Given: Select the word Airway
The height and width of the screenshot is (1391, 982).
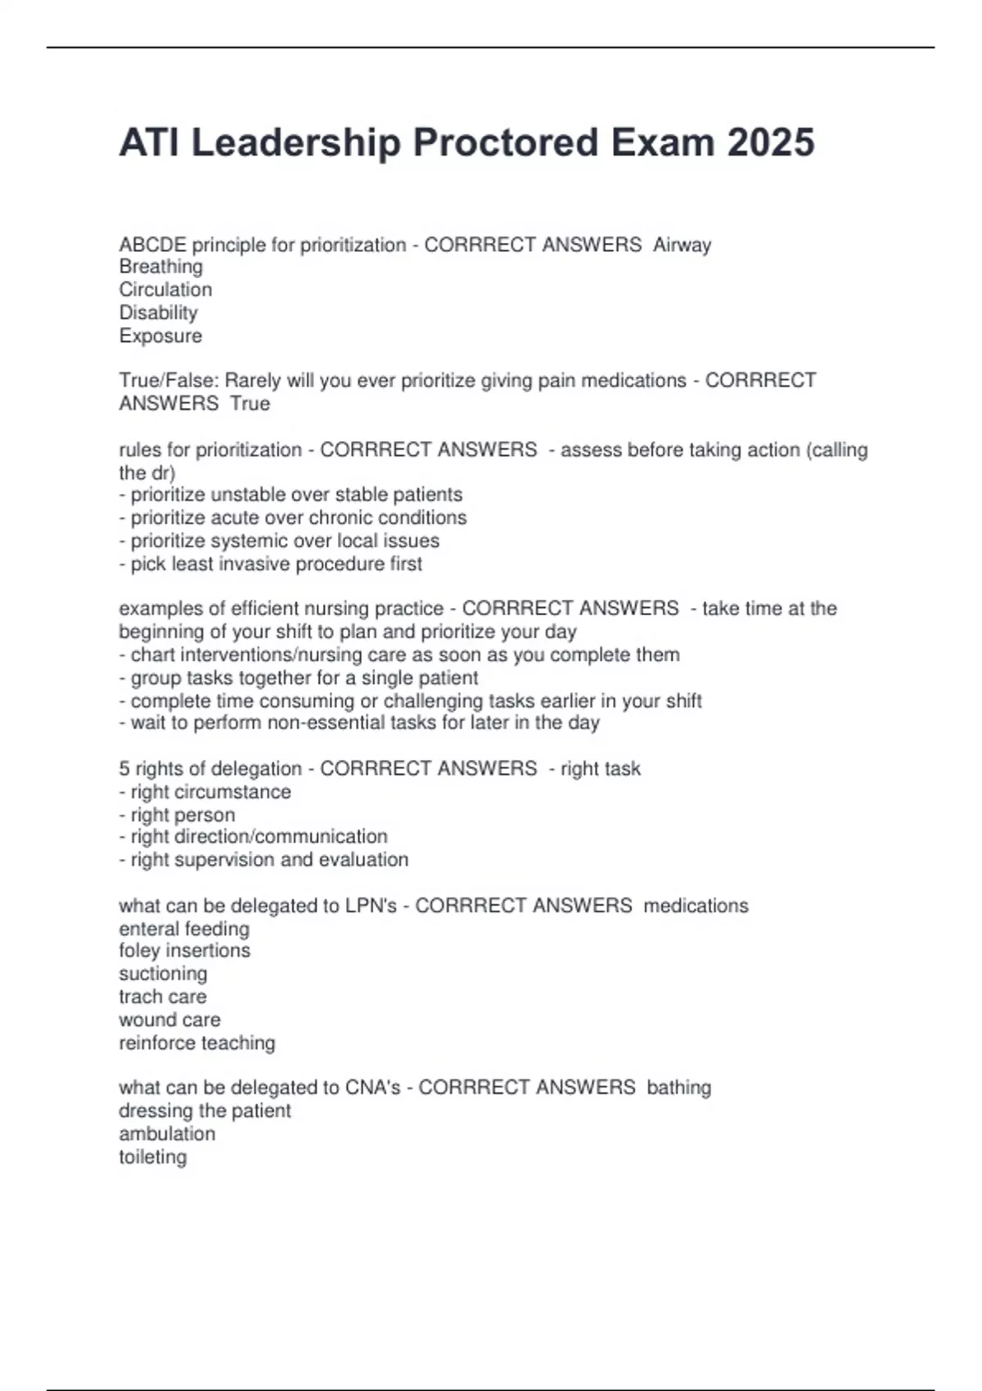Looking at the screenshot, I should pos(682,245).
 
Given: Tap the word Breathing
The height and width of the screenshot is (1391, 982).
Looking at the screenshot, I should pos(160,267).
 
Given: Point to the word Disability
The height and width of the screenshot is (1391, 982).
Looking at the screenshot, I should pos(158,313).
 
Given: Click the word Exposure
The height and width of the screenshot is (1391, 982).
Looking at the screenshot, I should pos(160,335).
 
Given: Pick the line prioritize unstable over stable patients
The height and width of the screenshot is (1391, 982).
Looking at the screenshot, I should pos(291,494).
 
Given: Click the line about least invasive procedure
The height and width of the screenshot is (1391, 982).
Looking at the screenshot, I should pos(270,564).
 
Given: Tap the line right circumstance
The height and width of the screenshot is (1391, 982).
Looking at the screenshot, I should pos(205,791).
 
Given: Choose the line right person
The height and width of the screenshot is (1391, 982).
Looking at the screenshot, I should pos(177,815).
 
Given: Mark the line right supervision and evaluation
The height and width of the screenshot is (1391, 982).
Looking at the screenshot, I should pos(264,859).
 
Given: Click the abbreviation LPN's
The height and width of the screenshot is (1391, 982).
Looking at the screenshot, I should pos(371,906).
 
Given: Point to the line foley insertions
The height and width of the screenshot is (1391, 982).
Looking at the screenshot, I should pos(184,950).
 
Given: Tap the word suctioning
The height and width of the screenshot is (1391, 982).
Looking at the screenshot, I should pos(163,974).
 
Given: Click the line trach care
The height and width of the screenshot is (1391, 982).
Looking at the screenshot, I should pos(162,997).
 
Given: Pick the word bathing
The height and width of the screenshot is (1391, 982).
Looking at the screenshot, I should pos(678,1087).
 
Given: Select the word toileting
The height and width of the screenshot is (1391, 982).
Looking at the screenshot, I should pos(152,1157).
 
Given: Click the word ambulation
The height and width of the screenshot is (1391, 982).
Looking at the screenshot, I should pos(167,1134).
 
